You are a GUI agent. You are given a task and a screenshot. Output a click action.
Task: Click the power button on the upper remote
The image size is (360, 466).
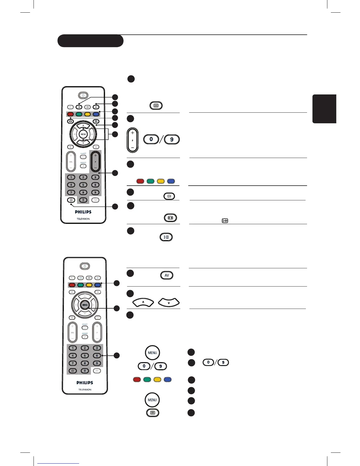click(x=83, y=95)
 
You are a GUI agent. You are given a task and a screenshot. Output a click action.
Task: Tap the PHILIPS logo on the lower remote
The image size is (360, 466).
click(x=85, y=383)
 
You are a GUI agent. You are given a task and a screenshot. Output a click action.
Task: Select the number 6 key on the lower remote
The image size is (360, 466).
click(x=97, y=356)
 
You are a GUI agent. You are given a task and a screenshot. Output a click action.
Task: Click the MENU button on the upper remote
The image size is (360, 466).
click(x=83, y=134)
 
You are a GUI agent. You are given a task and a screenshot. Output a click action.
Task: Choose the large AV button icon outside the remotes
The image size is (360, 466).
click(x=167, y=275)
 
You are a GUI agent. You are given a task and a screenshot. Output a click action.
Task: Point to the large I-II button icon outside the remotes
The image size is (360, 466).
click(x=166, y=237)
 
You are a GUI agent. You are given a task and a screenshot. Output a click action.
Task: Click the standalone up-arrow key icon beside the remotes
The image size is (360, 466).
click(x=143, y=302)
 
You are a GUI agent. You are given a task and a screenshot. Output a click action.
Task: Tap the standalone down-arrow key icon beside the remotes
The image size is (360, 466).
click(x=169, y=302)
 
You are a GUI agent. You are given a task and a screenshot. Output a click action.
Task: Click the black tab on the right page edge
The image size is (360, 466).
click(x=324, y=109)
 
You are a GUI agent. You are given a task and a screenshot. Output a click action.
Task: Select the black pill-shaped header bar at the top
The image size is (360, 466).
click(x=90, y=41)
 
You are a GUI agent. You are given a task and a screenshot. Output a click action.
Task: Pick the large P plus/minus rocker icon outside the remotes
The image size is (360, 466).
click(x=133, y=140)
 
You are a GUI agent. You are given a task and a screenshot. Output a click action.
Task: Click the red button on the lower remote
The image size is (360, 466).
click(x=72, y=285)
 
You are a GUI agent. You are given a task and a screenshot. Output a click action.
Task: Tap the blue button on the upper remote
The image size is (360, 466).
click(x=96, y=114)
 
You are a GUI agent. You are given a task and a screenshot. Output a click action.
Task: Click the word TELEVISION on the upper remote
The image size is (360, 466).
click(x=83, y=219)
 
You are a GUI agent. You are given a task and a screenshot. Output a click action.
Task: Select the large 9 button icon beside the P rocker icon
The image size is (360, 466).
click(x=172, y=139)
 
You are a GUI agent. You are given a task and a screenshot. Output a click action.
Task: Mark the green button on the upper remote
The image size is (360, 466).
click(x=79, y=114)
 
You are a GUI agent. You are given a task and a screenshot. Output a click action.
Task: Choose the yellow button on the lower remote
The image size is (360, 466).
click(x=89, y=285)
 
